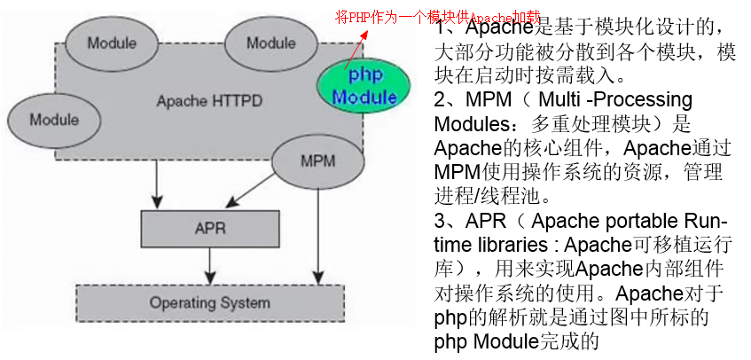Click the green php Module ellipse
pyautogui.click(x=364, y=85)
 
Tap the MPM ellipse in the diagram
pyautogui.click(x=317, y=161)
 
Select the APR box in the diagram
pyautogui.click(x=210, y=228)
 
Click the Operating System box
pyautogui.click(x=210, y=303)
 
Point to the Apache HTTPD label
pyautogui.click(x=209, y=101)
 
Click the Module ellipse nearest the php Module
pyautogui.click(x=271, y=43)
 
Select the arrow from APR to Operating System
pyautogui.click(x=210, y=264)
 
